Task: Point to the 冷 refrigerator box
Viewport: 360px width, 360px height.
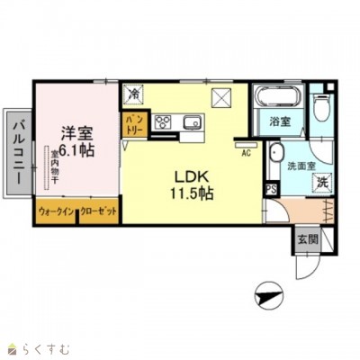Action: coord(133,94)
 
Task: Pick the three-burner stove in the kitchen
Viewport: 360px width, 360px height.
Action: coord(164,123)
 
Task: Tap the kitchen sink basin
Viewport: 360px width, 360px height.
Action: coord(192,123)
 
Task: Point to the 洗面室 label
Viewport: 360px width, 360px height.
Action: coord(301,166)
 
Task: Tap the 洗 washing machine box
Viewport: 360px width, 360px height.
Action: coord(322,183)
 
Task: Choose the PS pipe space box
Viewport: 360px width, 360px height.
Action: coord(270,188)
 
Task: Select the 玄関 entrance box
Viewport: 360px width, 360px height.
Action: coord(307,240)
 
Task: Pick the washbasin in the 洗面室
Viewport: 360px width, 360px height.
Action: coord(276,158)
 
